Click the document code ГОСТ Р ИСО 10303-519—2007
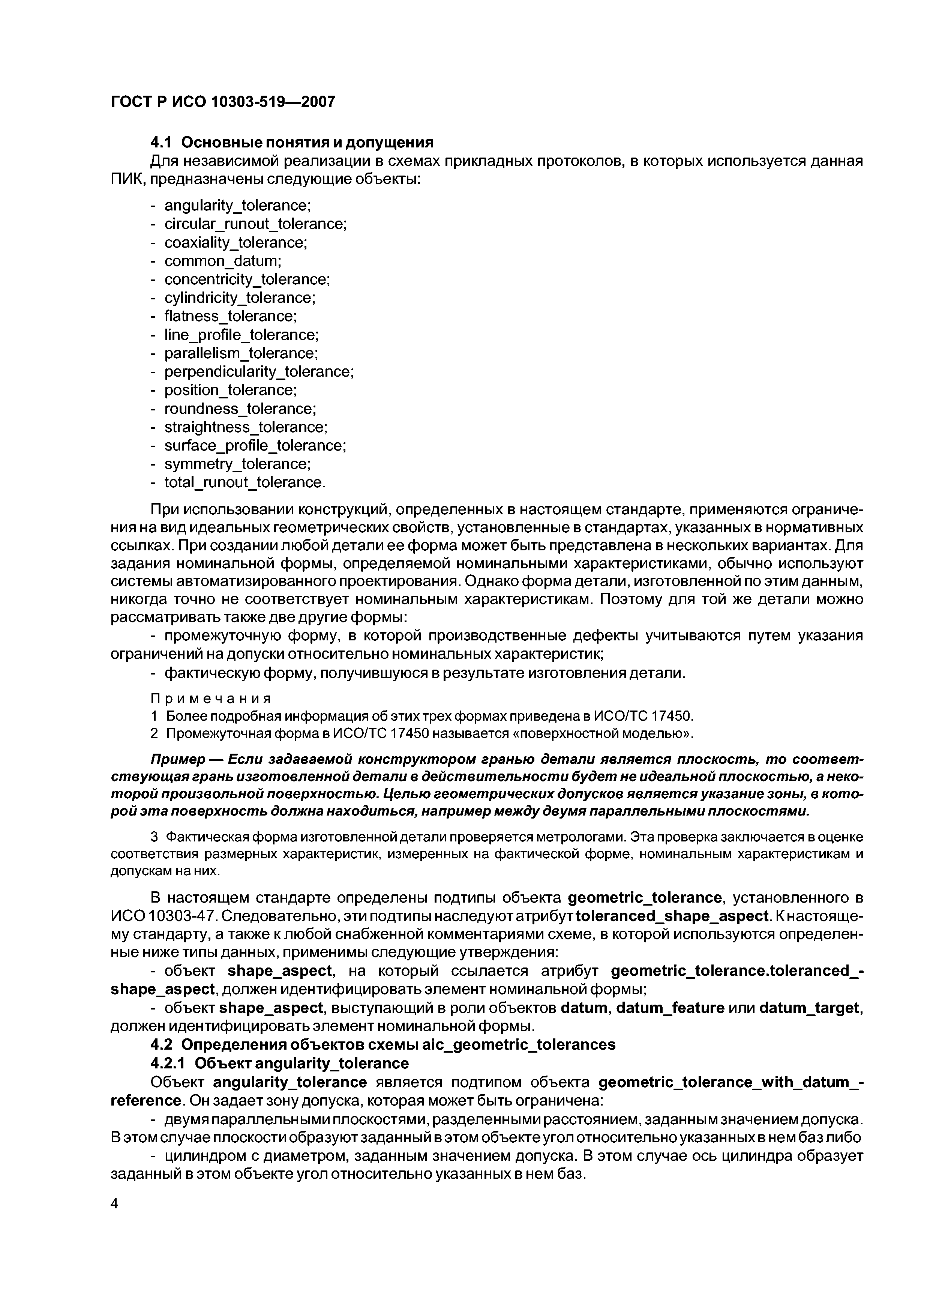(x=222, y=102)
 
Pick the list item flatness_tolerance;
(x=230, y=316)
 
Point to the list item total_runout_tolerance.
(x=244, y=482)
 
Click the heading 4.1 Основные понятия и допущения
(x=292, y=142)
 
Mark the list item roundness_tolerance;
(x=240, y=409)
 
